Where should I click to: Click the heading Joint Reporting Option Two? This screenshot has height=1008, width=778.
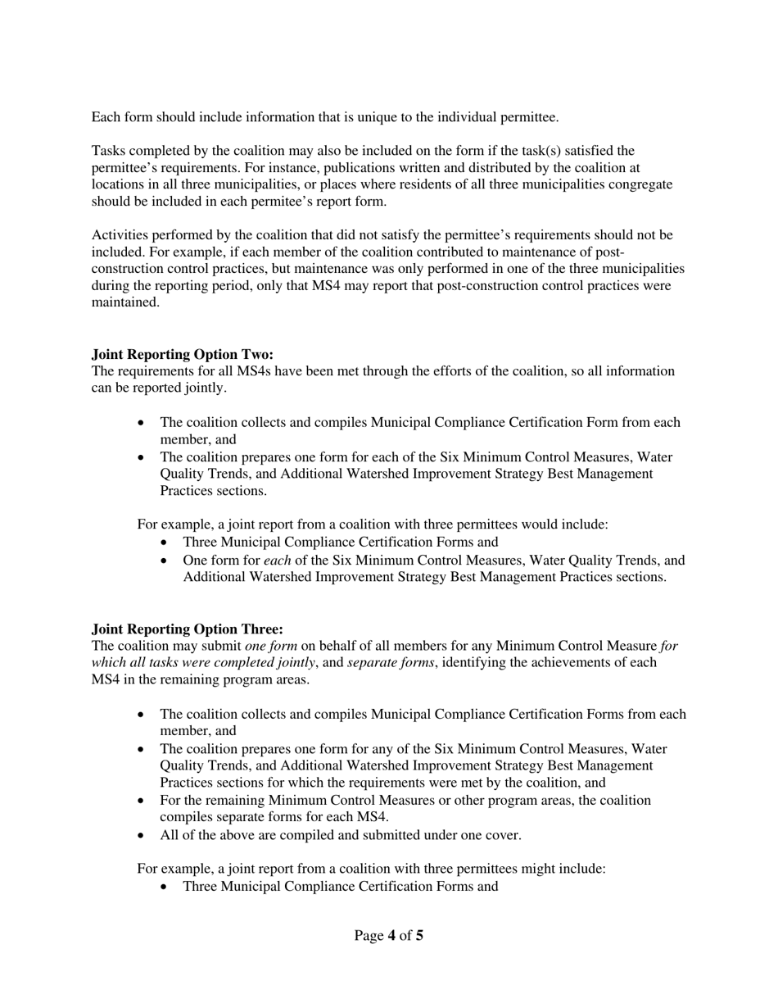point(182,354)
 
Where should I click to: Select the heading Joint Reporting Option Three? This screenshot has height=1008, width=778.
point(187,629)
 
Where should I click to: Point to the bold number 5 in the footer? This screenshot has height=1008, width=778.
point(419,935)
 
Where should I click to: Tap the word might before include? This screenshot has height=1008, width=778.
point(537,869)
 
